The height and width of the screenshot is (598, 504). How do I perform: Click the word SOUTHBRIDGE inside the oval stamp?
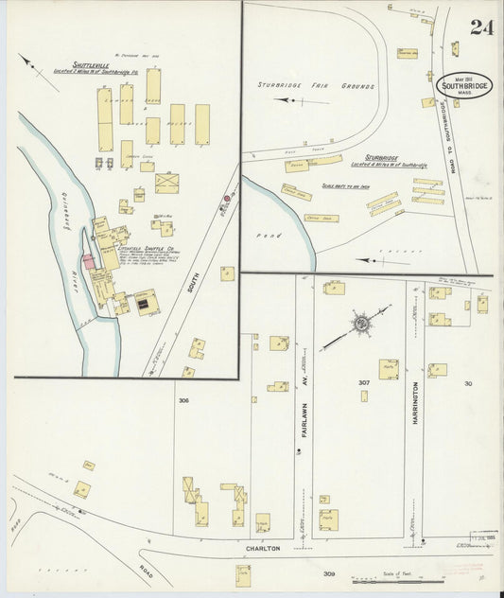pyautogui.click(x=464, y=86)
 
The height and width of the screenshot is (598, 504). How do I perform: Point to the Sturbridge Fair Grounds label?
pyautogui.click(x=315, y=85)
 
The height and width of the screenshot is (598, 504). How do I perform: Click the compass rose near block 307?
pyautogui.click(x=360, y=324)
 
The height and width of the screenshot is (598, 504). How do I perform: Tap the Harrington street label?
pyautogui.click(x=414, y=403)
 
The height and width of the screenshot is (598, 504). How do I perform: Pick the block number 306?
pyautogui.click(x=183, y=399)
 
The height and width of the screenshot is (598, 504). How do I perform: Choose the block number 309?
pyautogui.click(x=328, y=573)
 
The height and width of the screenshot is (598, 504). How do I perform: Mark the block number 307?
pyautogui.click(x=363, y=382)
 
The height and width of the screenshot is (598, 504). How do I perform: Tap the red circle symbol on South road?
pyautogui.click(x=226, y=200)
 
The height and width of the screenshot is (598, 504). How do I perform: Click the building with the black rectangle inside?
pyautogui.click(x=145, y=303)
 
